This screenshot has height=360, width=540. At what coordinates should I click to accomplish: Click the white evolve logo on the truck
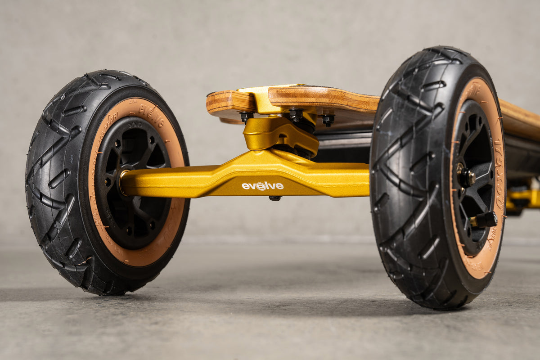click(x=263, y=186)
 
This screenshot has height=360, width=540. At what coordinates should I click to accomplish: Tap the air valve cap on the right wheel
click(x=486, y=220)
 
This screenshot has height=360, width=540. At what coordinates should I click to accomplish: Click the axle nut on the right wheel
click(x=466, y=177)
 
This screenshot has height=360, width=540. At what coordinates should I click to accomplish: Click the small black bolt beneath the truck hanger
click(x=275, y=198)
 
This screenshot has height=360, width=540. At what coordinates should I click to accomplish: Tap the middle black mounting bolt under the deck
click(x=296, y=114)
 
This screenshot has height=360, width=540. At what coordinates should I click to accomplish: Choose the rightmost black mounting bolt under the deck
click(x=328, y=119)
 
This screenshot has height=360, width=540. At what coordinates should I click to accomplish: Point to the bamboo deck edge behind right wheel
click(x=520, y=119)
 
